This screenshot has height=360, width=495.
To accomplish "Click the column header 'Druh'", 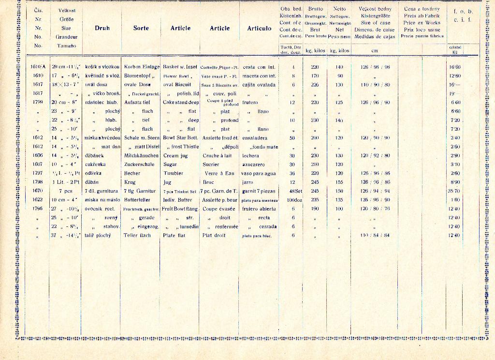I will (102, 28).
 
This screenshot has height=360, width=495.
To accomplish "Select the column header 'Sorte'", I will (141, 28).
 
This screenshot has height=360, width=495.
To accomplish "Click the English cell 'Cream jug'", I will (174, 155).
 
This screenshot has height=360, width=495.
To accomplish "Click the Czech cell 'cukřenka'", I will (96, 165).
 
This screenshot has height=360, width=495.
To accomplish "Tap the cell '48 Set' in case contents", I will (295, 191).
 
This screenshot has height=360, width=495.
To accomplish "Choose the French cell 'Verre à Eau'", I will (219, 173).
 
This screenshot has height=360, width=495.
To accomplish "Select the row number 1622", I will (38, 199).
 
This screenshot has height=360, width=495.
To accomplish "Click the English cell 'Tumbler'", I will (173, 173).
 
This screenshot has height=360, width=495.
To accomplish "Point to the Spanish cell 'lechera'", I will (250, 155).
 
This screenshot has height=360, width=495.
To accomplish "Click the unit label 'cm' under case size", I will (374, 50).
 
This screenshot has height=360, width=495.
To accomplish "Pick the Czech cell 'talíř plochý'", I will (98, 235).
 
